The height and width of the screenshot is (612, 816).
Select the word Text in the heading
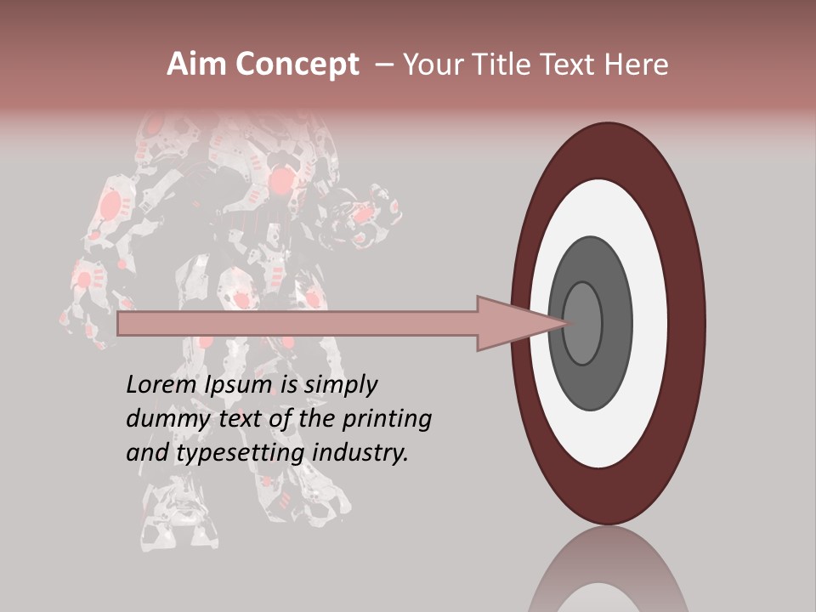pyautogui.click(x=572, y=64)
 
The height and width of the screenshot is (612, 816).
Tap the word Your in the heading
pyautogui.click(x=431, y=64)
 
